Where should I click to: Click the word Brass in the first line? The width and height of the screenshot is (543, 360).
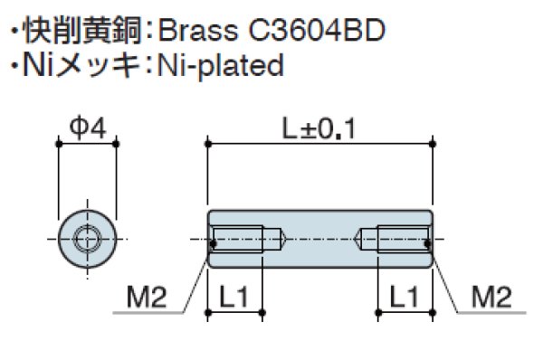[198, 30]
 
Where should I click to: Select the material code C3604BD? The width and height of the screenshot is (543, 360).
[317, 30]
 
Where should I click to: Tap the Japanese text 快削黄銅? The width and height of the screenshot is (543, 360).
[81, 31]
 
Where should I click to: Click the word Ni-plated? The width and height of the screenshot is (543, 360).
[221, 66]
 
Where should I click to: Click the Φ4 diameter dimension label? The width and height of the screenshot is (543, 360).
[88, 128]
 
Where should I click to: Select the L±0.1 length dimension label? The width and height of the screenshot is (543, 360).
[319, 128]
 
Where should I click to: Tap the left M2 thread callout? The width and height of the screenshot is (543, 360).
[147, 297]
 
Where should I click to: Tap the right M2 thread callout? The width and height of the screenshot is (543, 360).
[491, 297]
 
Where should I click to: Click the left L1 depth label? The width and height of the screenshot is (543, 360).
[234, 297]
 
